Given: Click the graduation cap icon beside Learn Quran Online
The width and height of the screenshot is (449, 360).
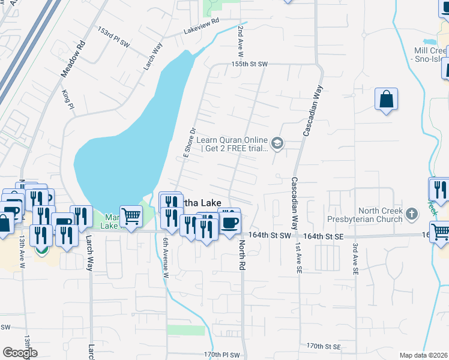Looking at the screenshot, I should [277, 143].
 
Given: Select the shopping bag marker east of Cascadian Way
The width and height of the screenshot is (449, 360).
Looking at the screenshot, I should [387, 99].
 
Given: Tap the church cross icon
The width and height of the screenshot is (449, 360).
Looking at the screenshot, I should [412, 214].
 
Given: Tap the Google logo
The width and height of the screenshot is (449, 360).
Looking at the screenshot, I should [20, 353].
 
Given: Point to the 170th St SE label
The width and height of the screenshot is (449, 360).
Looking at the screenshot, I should [323, 347].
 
